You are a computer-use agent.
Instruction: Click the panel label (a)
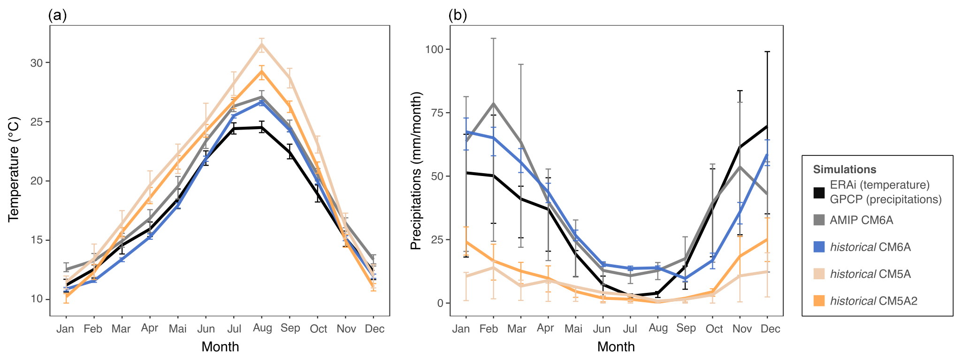click(57, 15)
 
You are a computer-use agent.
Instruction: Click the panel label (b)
click(458, 15)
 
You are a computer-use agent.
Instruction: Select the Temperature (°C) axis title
click(14, 170)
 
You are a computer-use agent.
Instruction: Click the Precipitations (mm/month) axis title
click(416, 170)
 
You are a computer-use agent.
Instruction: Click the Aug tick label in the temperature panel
click(262, 328)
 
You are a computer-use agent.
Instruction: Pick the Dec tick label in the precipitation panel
click(770, 329)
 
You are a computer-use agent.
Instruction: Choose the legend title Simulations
click(844, 169)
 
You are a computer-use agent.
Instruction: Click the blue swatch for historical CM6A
click(819, 247)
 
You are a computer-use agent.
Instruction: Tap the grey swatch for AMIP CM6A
click(819, 220)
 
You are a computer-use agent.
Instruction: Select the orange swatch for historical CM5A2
click(819, 301)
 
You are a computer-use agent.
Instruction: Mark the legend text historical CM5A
click(870, 274)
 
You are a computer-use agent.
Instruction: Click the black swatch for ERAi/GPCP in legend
click(819, 192)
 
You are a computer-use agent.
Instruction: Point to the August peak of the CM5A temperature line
click(262, 44)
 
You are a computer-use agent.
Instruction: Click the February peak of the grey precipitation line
click(494, 104)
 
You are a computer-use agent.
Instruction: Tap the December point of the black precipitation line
click(767, 126)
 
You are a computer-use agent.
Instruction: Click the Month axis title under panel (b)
click(616, 347)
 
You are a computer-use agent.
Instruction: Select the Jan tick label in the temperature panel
click(65, 329)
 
